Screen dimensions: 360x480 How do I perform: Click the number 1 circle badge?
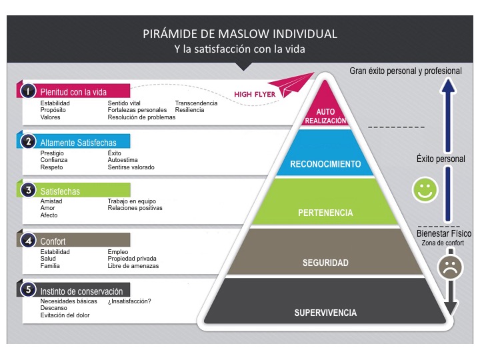[x=28, y=91]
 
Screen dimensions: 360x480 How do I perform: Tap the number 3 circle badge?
[x=28, y=191]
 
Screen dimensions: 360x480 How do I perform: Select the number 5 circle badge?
[x=28, y=290]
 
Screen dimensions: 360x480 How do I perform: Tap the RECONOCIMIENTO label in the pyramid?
[x=326, y=164]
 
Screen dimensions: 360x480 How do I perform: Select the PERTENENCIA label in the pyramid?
[x=326, y=213]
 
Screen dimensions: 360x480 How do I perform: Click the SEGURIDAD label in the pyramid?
[x=326, y=263]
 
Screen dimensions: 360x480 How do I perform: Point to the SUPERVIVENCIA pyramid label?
[x=326, y=313]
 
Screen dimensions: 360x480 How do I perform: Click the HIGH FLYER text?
[x=255, y=95]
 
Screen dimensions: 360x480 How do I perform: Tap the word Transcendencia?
[x=196, y=103]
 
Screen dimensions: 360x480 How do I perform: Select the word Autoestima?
[x=123, y=160]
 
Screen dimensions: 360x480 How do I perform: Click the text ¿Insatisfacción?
[x=129, y=301]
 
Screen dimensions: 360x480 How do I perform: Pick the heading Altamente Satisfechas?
[x=78, y=142]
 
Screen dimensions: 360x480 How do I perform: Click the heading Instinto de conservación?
[x=81, y=291]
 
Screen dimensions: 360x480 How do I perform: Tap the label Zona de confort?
[x=442, y=243]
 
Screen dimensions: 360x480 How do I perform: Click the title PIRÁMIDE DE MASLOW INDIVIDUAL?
[x=240, y=33]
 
